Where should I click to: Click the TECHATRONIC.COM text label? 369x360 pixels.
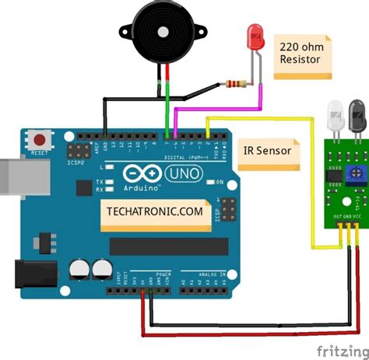[x=153, y=211]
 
